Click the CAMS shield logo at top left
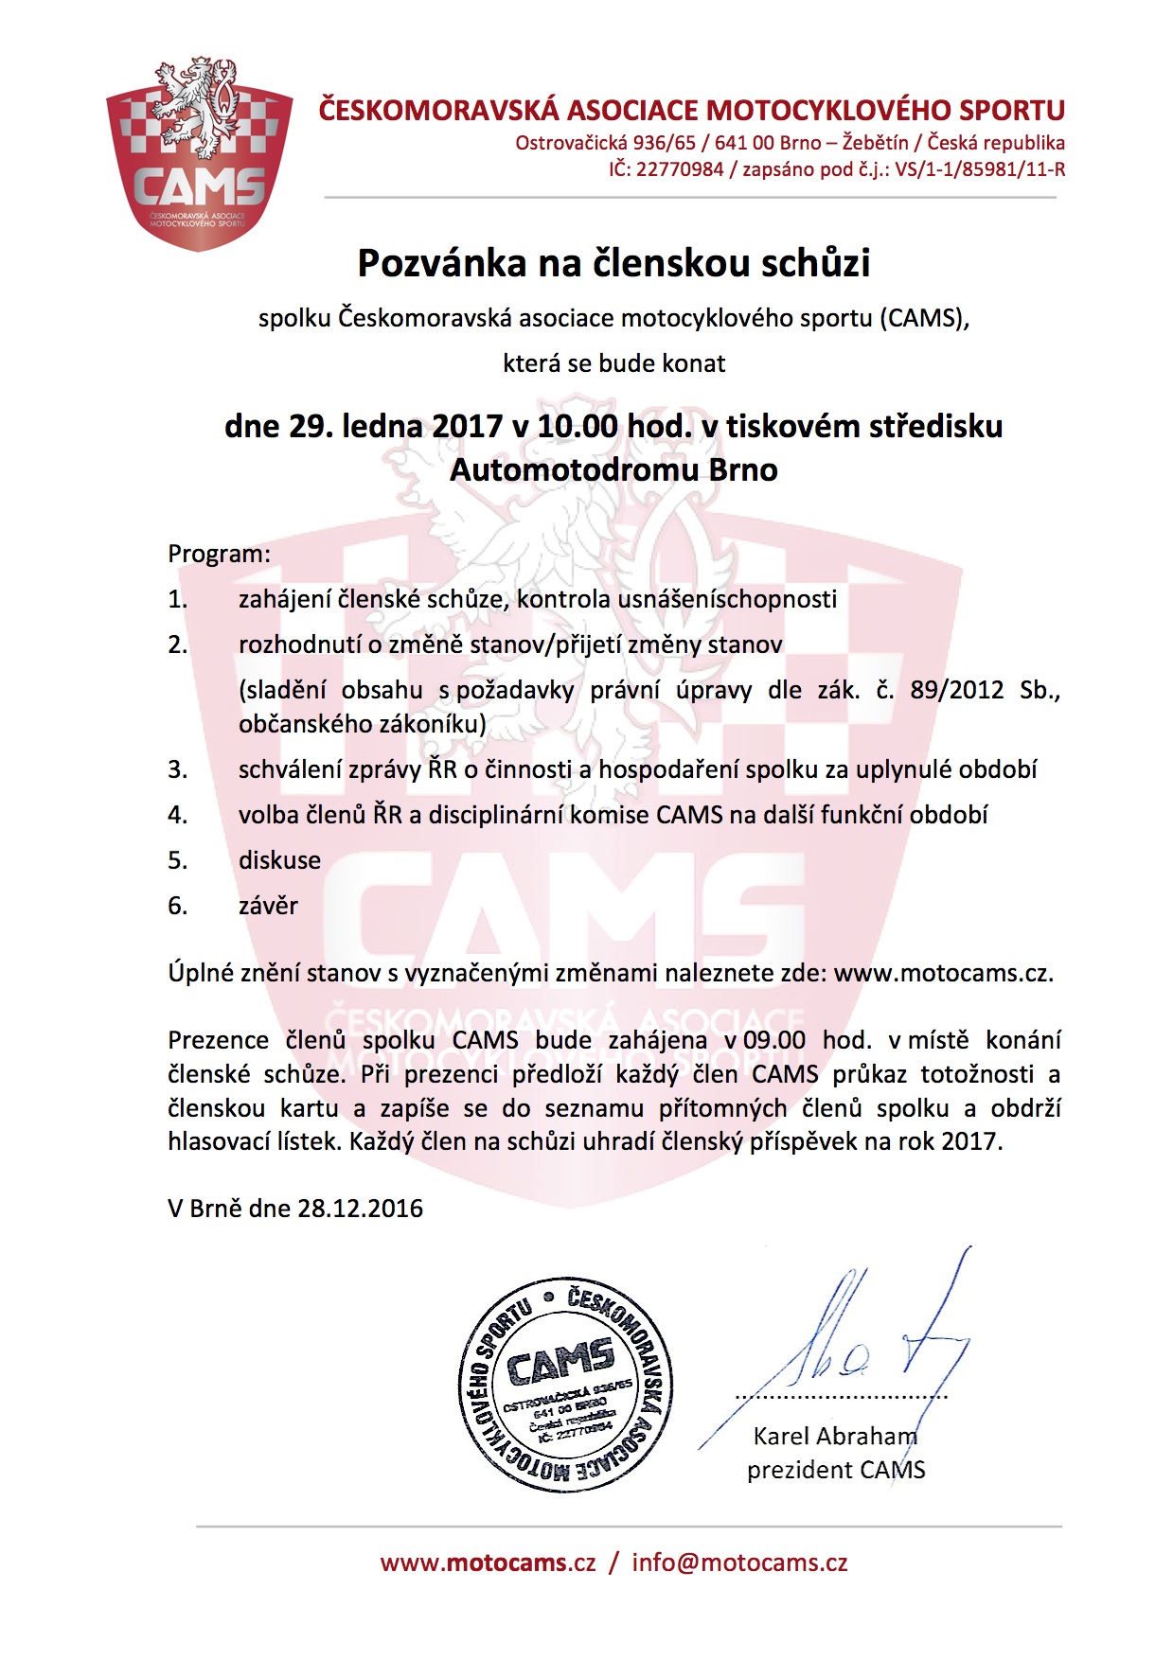(198, 153)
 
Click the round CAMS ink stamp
(565, 1384)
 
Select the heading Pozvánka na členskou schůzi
(613, 263)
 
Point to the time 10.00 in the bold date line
(578, 426)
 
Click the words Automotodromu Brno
(613, 469)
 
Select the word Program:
(219, 554)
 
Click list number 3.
(178, 769)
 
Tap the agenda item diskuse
(279, 860)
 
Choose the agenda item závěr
(268, 906)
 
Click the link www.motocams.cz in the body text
(943, 973)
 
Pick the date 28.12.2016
(360, 1209)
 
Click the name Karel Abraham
(835, 1436)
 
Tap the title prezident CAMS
(835, 1470)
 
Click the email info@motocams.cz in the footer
(739, 1563)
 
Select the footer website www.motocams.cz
(489, 1563)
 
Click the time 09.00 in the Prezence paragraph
(774, 1040)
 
